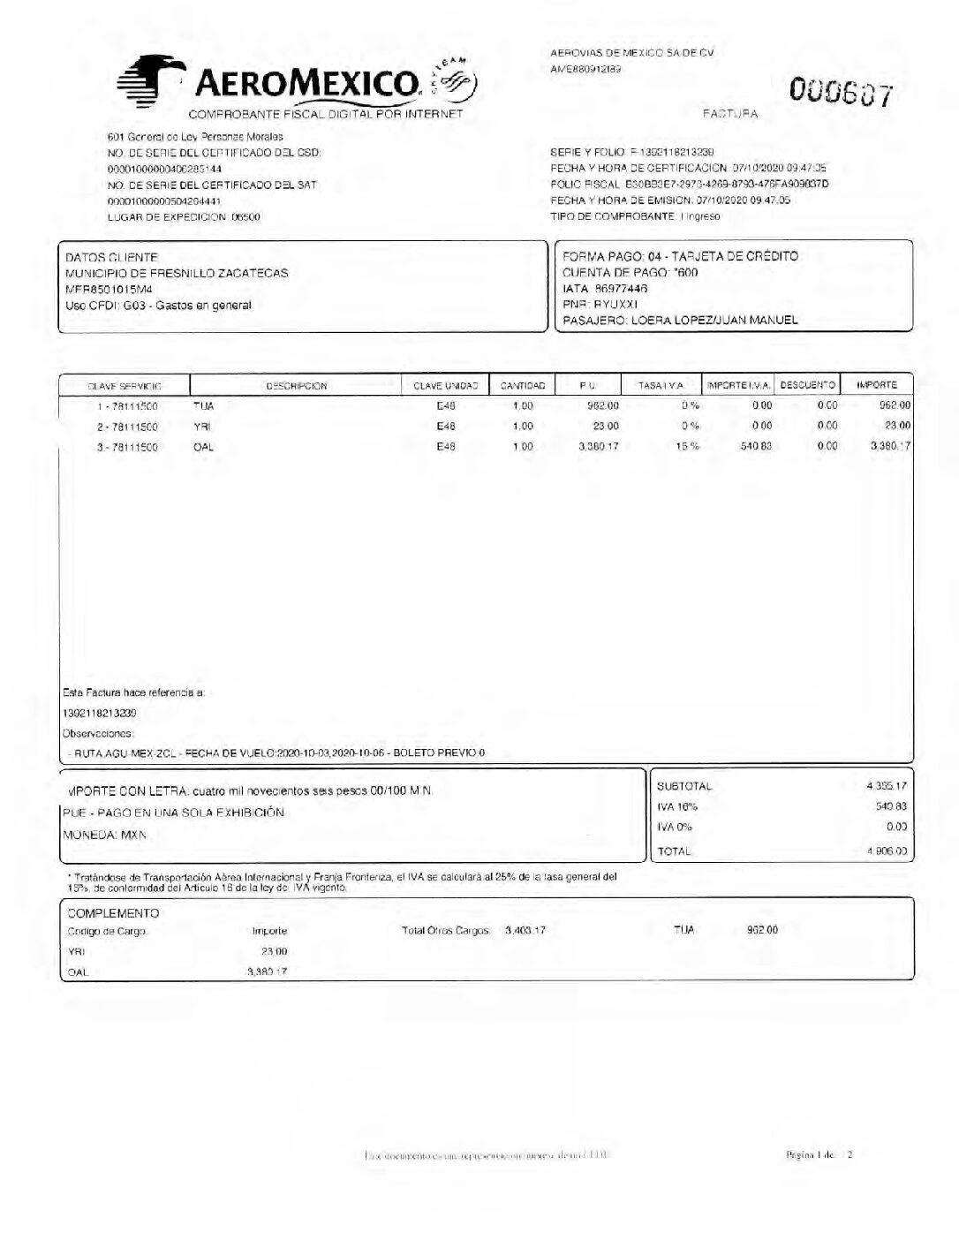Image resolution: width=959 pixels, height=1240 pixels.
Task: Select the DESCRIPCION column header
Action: [296, 386]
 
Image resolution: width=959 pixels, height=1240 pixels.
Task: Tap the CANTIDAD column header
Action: [523, 386]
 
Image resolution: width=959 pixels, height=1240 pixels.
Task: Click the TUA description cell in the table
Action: [203, 406]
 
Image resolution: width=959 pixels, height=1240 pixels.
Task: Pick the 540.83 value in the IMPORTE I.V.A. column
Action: [756, 447]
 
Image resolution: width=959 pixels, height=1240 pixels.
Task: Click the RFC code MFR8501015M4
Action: [109, 289]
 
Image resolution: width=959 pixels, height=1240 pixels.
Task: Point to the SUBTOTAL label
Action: [684, 786]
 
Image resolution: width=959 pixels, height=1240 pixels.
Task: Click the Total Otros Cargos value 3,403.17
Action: [525, 930]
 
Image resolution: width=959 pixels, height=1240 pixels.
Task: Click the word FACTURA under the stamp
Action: [729, 114]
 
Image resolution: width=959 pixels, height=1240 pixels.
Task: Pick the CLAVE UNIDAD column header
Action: [445, 386]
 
